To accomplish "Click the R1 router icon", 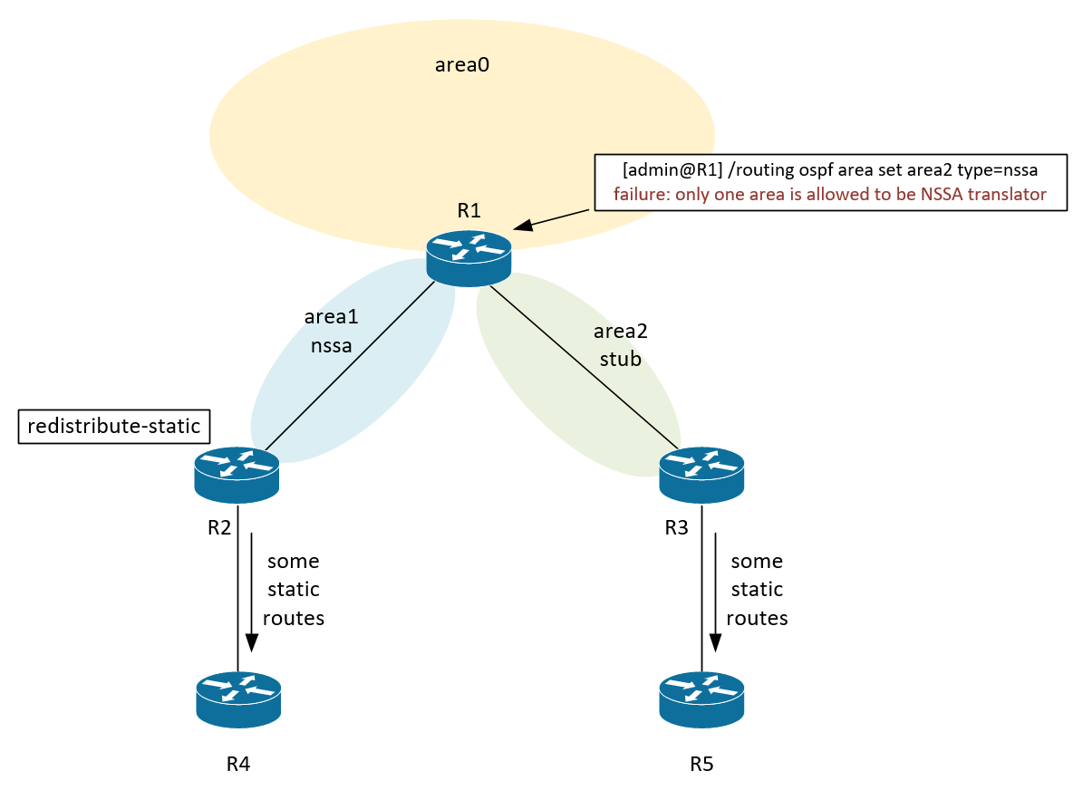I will (x=469, y=256).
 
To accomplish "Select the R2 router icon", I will (x=237, y=475).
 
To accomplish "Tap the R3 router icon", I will (x=701, y=475).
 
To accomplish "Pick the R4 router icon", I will (x=238, y=698).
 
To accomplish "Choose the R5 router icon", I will (x=701, y=698).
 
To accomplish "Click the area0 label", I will (x=462, y=65).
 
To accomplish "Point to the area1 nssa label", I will (x=331, y=331).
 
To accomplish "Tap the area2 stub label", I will (x=621, y=345).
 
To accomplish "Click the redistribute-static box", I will (x=113, y=426).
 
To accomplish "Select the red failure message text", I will (x=829, y=194).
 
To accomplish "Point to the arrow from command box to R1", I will (x=553, y=219).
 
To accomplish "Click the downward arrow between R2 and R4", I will (x=251, y=589).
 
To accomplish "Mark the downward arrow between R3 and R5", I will (x=715, y=589).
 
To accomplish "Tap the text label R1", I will (x=469, y=212).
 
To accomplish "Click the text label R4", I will (x=237, y=764).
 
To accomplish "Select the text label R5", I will (x=701, y=764).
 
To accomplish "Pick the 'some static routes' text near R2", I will (x=293, y=589).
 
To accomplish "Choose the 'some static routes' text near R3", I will (x=757, y=589).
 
